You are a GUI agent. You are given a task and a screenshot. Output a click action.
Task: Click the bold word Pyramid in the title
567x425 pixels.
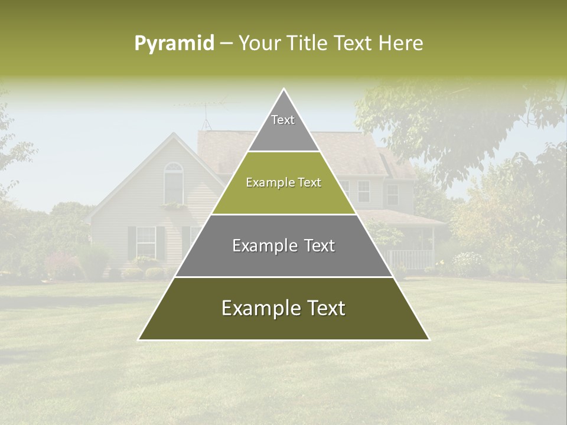tap(174, 43)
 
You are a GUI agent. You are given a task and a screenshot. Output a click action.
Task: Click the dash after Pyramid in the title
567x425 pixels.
tap(226, 44)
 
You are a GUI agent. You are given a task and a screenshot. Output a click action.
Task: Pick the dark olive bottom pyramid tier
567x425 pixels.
tap(283, 322)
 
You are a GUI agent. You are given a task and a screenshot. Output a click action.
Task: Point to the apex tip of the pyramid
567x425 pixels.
tap(284, 90)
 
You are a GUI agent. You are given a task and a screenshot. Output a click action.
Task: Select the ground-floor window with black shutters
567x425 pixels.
tap(146, 242)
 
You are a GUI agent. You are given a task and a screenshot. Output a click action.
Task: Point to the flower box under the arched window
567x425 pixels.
tap(174, 207)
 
